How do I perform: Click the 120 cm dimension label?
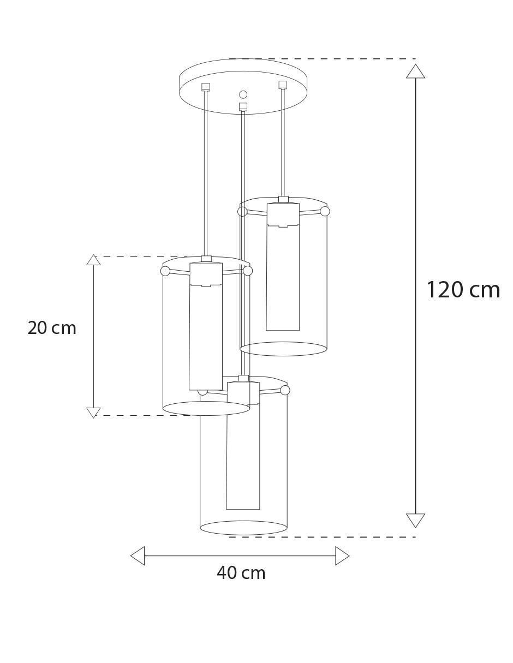point(463,290)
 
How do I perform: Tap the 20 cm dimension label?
point(52,328)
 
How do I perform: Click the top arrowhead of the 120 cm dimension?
point(415,71)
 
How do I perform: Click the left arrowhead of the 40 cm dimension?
point(138,556)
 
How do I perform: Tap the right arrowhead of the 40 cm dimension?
point(342,556)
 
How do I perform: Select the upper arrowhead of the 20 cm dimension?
point(93,260)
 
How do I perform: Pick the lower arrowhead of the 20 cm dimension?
point(93,413)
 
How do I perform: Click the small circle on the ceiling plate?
point(243,94)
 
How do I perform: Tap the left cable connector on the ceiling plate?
point(206,87)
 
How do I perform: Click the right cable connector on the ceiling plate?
point(283,85)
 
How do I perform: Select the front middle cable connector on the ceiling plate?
point(243,106)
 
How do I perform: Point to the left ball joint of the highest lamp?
point(242,211)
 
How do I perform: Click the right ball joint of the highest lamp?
point(325,211)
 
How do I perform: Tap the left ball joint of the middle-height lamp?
point(165,271)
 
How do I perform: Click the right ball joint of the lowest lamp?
point(285,390)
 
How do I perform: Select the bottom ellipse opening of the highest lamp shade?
point(284,355)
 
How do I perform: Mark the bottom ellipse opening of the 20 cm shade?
point(206,415)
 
